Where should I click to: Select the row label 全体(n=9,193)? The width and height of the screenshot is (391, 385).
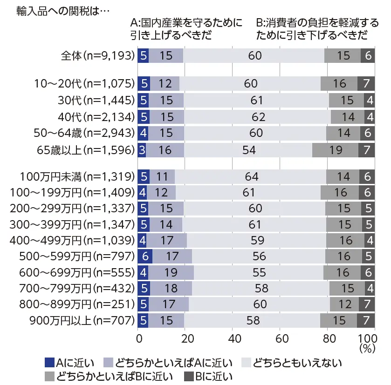point(98,56)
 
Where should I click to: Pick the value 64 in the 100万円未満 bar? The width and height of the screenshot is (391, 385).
point(252,176)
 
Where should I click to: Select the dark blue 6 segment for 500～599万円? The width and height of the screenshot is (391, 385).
point(145,256)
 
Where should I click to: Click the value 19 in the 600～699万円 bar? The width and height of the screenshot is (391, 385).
point(171,272)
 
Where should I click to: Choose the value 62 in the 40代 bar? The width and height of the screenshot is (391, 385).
point(258,116)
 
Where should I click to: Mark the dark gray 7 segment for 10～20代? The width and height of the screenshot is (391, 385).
point(366,83)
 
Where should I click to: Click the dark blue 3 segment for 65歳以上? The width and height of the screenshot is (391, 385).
point(142,150)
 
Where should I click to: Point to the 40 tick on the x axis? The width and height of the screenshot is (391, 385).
point(233,338)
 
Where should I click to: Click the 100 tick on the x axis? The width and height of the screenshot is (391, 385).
point(367,338)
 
